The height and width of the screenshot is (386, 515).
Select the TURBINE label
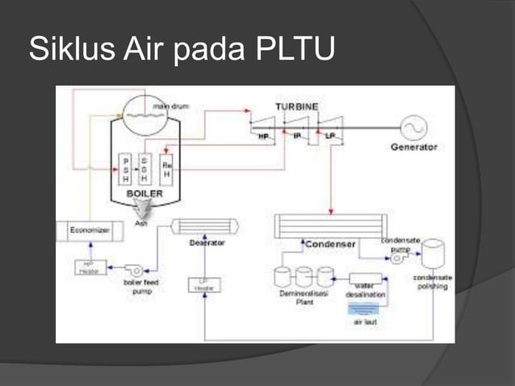pyautogui.click(x=296, y=107)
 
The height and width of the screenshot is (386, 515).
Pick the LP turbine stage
pyautogui.click(x=330, y=128)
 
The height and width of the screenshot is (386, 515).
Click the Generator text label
pyautogui.click(x=413, y=148)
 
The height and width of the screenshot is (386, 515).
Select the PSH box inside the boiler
pyautogui.click(x=125, y=170)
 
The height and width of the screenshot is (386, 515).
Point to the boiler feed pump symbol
pyautogui.click(x=136, y=269)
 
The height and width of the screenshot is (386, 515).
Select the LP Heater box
pyautogui.click(x=205, y=284)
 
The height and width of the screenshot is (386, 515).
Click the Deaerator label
pyautogui.click(x=206, y=242)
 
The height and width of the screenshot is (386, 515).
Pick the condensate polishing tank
pyautogui.click(x=433, y=254)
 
